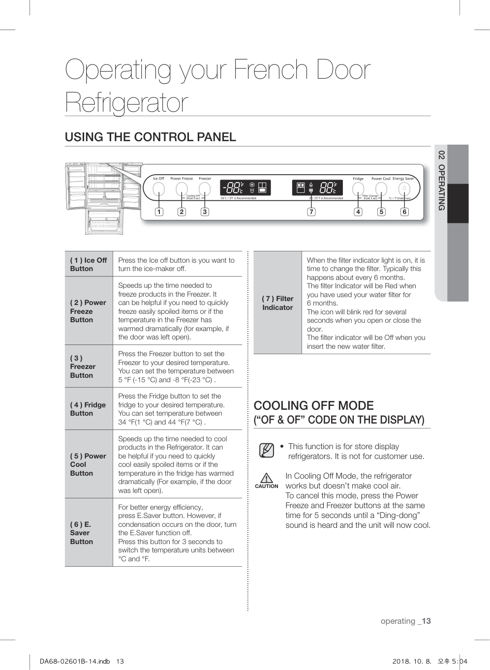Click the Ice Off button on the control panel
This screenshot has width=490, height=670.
point(158,189)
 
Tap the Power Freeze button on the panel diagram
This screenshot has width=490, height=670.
point(182,189)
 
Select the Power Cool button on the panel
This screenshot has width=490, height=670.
point(381,189)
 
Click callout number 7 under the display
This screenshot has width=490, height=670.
point(311,212)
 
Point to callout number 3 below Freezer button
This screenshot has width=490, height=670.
point(205,212)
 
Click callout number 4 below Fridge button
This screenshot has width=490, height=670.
point(358,212)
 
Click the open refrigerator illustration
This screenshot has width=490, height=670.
point(103,198)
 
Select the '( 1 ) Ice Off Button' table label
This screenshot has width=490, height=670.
point(89,265)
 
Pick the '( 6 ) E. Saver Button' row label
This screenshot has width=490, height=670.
point(81,533)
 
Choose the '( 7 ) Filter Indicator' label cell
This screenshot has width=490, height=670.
point(277,303)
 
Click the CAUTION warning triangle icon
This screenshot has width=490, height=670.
point(266,478)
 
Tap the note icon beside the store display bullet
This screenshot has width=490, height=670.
point(266,450)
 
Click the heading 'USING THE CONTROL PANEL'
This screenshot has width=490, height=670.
point(151,137)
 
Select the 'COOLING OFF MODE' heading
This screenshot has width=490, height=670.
point(313,406)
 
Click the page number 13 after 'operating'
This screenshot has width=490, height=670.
point(426,621)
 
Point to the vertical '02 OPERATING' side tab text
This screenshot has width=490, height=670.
point(441,181)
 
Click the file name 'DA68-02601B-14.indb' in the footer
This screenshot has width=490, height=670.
point(75,661)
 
